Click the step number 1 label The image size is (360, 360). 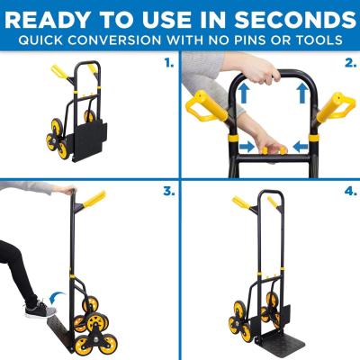[168, 63]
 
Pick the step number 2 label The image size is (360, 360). [348, 63]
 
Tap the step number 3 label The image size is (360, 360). [168, 192]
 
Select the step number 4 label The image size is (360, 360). [348, 192]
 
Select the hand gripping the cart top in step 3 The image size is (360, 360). [68, 191]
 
